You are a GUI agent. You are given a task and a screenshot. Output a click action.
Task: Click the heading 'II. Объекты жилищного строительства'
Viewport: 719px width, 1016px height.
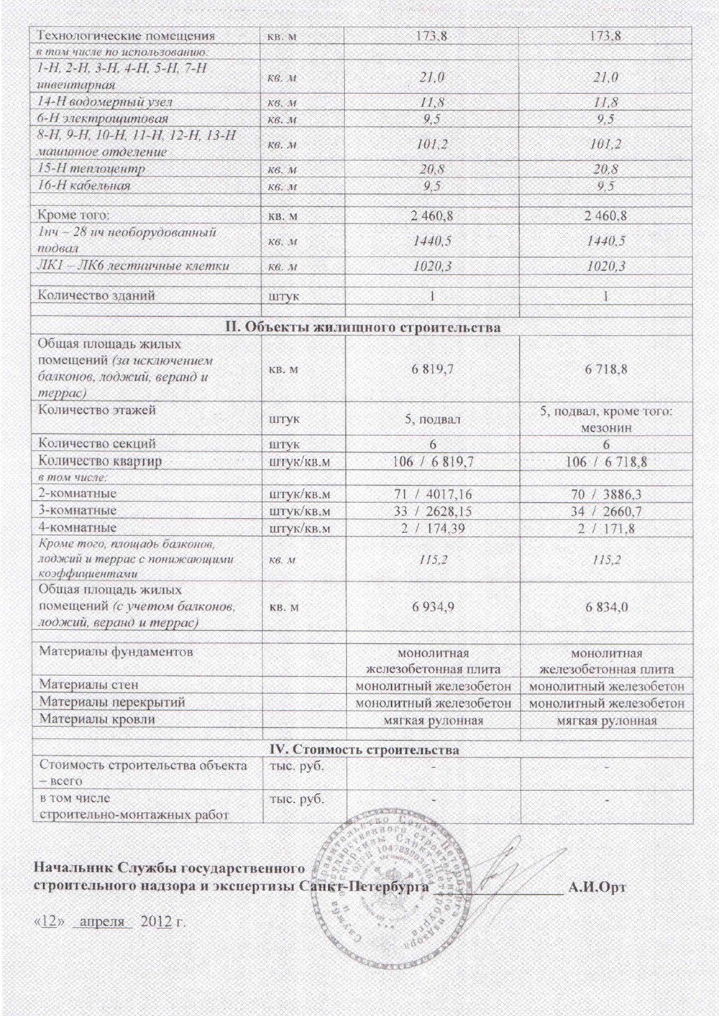(x=363, y=328)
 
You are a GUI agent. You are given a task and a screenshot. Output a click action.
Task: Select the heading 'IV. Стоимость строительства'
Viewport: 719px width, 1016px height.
(x=363, y=750)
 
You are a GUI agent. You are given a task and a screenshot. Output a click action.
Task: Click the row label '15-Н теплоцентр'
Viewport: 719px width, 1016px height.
(x=91, y=169)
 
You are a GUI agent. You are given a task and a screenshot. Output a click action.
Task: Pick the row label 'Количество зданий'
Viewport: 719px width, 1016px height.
(x=96, y=295)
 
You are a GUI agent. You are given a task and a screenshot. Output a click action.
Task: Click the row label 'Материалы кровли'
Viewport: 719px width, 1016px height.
(x=97, y=718)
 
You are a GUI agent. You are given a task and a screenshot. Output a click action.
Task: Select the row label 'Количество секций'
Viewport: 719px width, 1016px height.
(x=97, y=444)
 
